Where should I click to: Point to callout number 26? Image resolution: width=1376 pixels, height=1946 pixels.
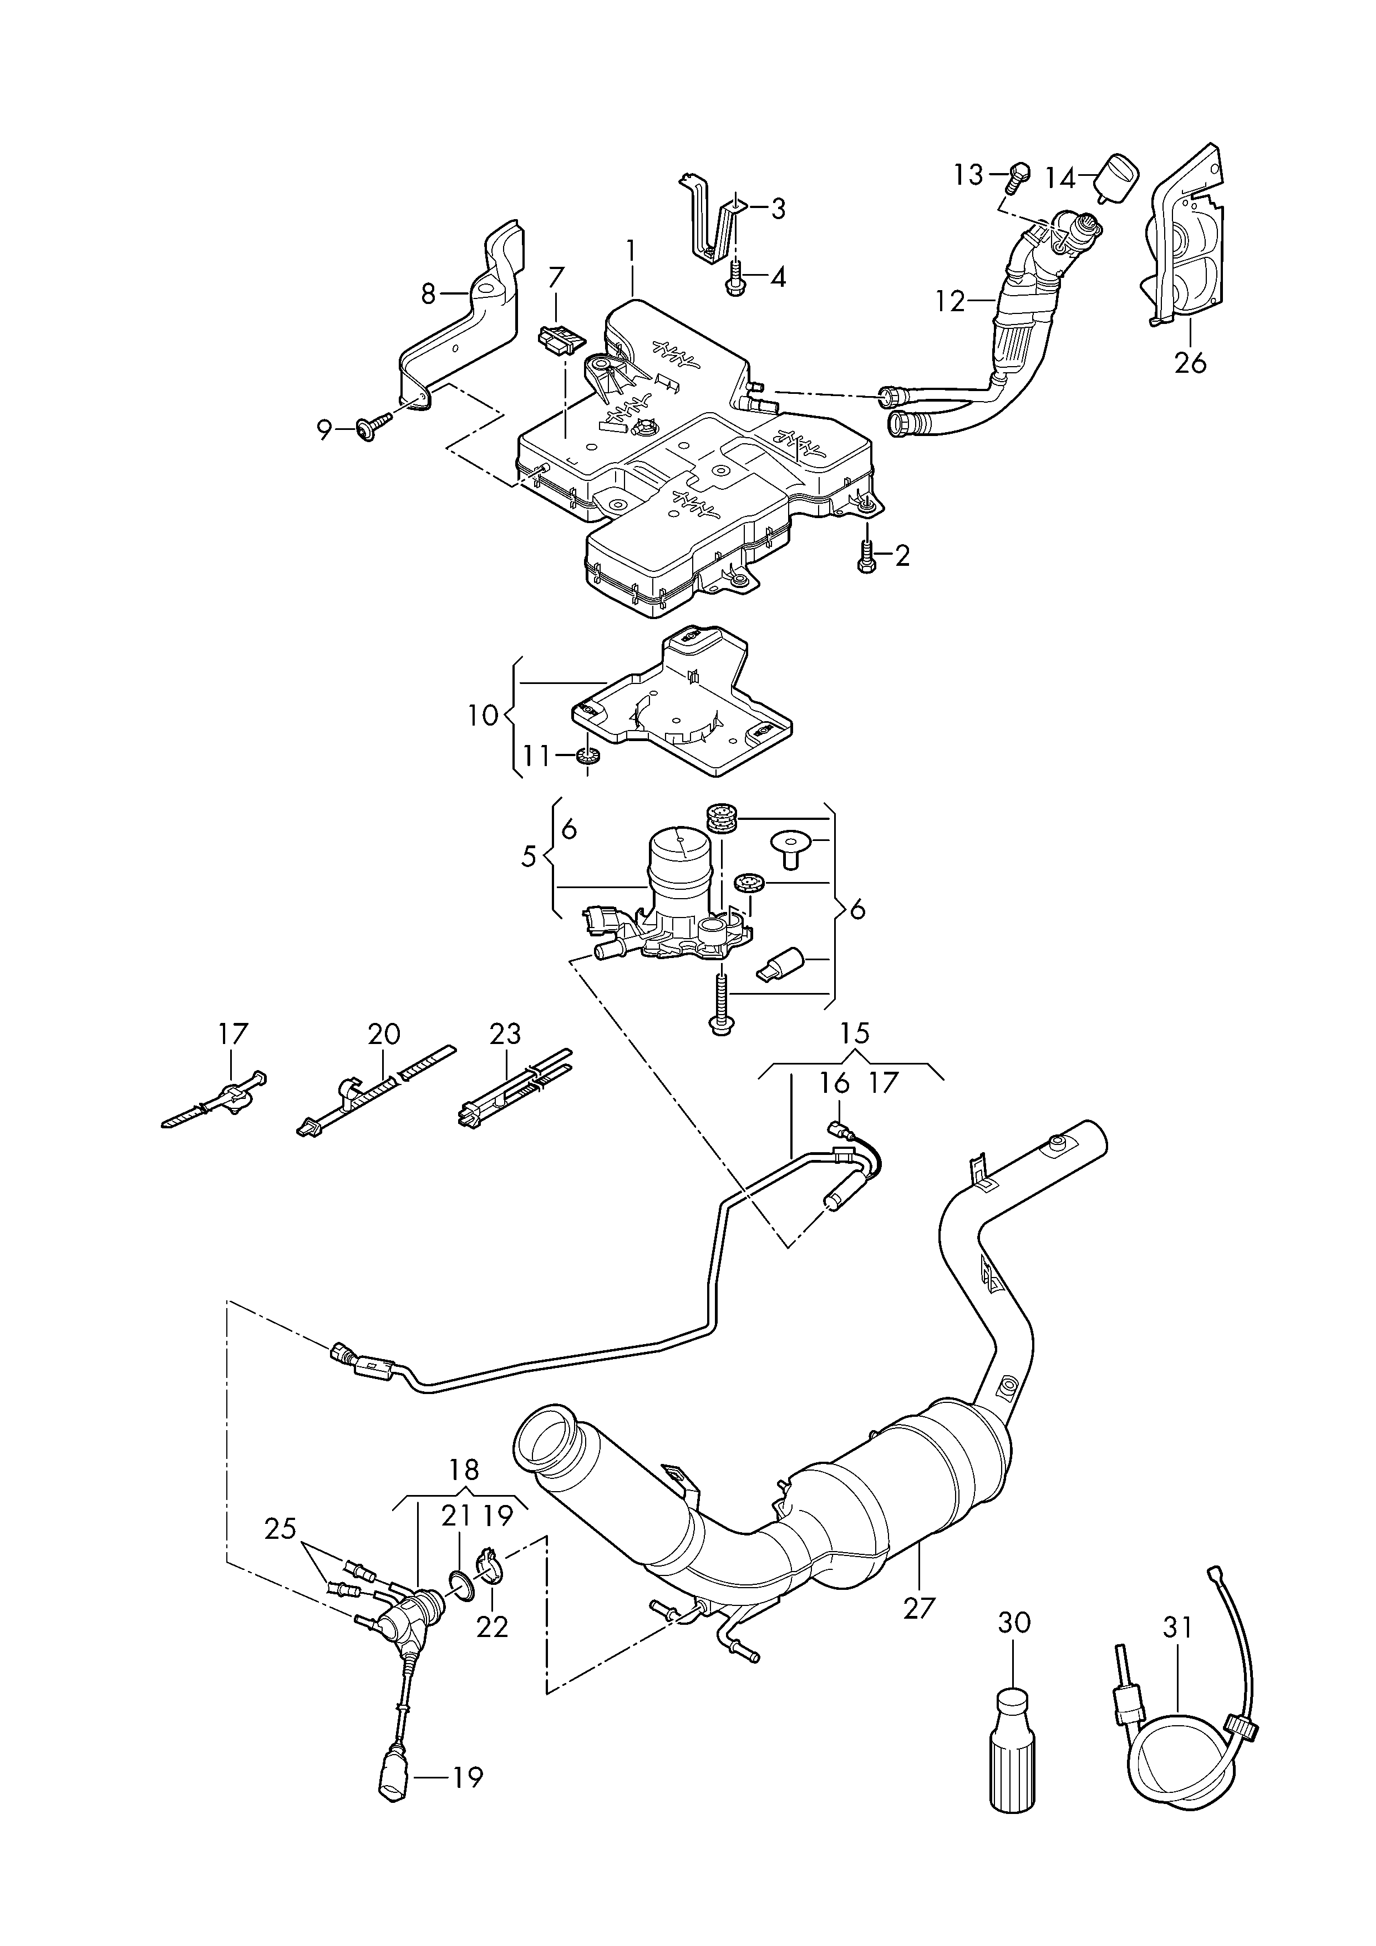(1190, 363)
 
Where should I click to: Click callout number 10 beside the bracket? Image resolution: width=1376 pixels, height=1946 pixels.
(484, 716)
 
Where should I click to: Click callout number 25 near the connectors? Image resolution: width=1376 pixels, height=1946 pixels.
(281, 1528)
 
